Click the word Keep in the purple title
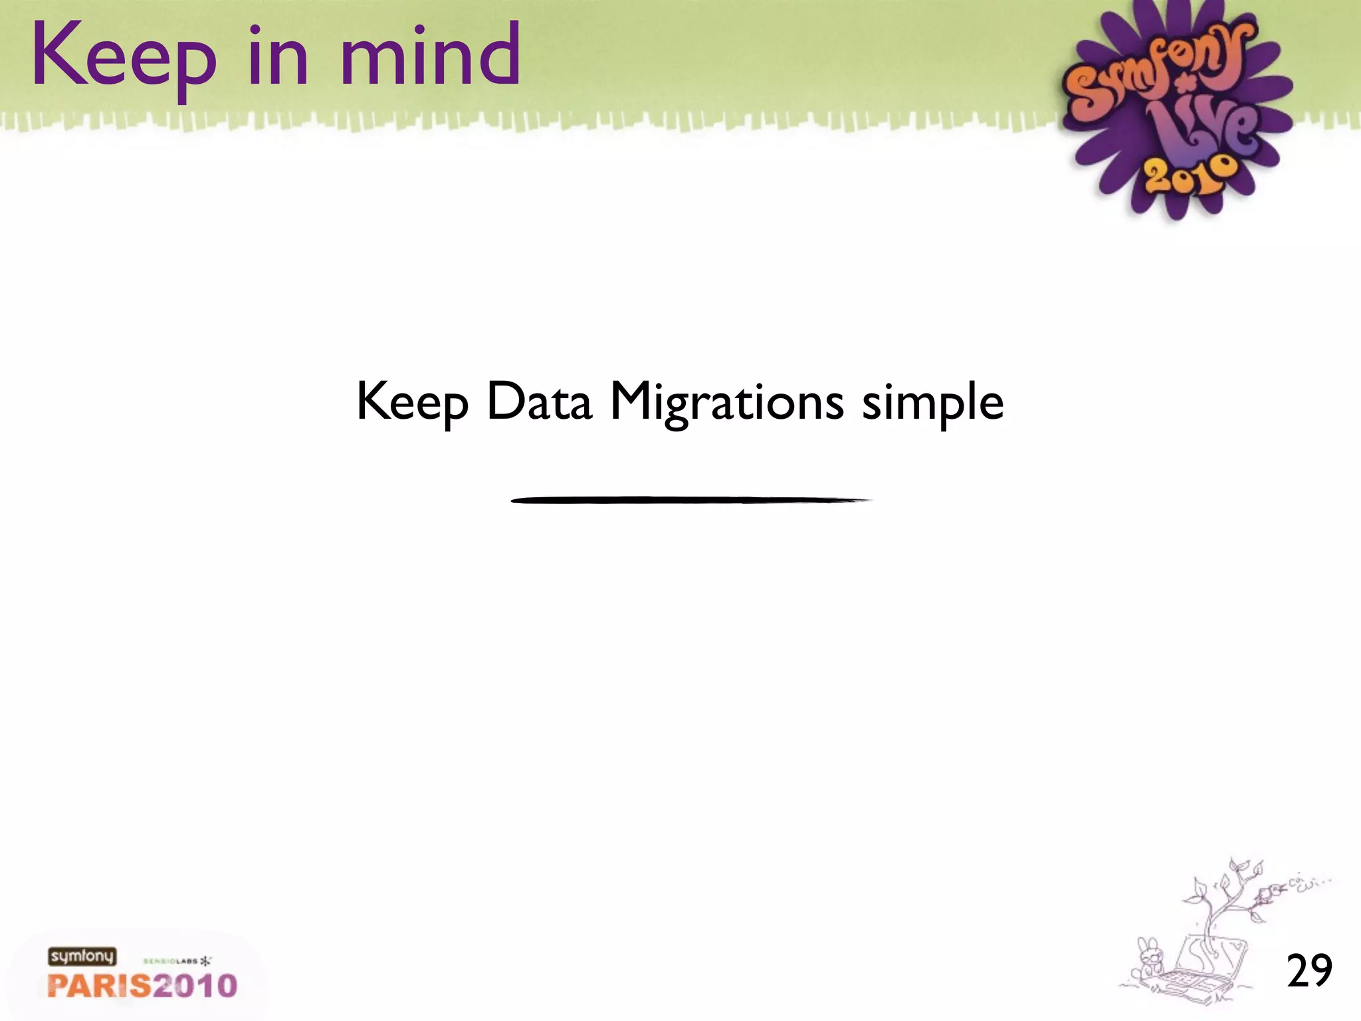coord(124,57)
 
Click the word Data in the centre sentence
coord(538,401)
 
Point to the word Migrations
coord(726,403)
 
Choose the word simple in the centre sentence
coord(932,403)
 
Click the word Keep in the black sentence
coord(412,403)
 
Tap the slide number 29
coord(1309,970)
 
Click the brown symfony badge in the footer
coord(82,957)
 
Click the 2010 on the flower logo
coord(1190,175)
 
